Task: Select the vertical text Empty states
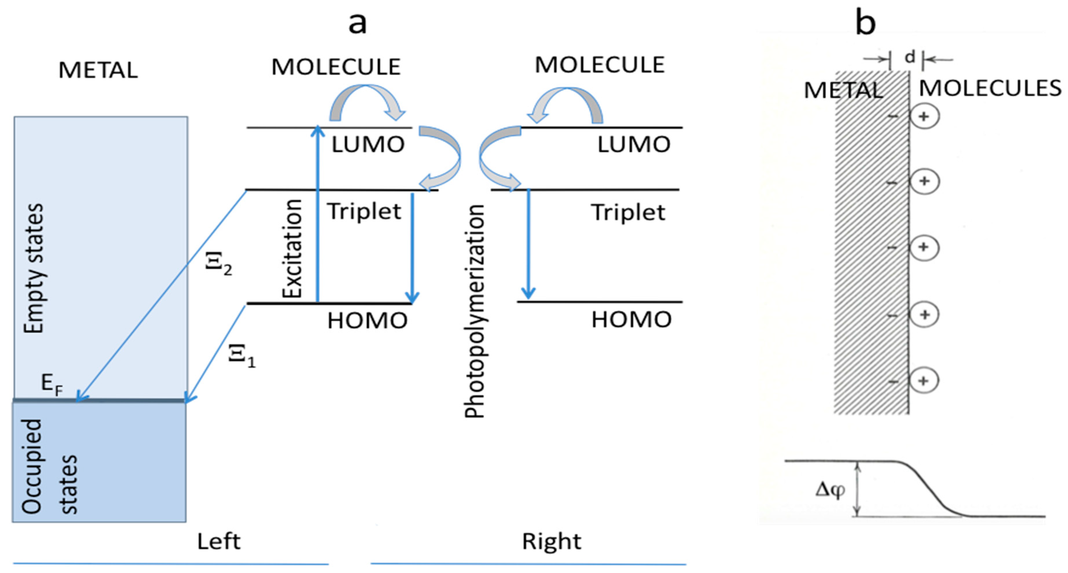coord(33,269)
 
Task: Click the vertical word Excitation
coord(292,249)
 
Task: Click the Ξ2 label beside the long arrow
coord(218,264)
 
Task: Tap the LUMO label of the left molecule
coord(368,145)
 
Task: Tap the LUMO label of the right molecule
coord(634,145)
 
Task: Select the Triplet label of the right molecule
coord(628,212)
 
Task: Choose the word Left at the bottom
coord(218,541)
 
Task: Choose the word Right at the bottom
coord(551,541)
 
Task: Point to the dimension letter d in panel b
coord(910,58)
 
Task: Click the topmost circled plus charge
coord(924,117)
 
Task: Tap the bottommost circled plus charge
coord(923,381)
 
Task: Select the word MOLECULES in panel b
coord(990,88)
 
